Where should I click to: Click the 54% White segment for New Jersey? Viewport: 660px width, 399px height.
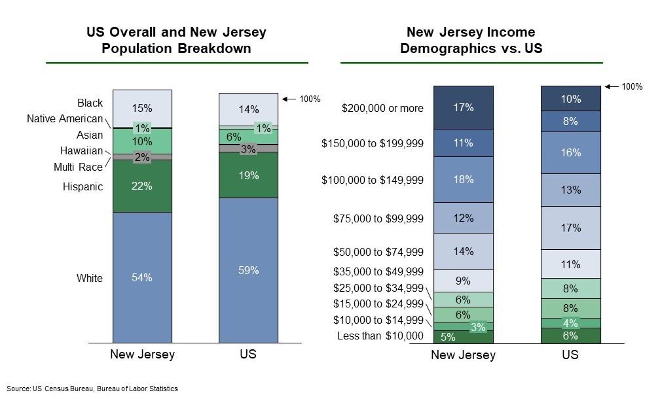(142, 277)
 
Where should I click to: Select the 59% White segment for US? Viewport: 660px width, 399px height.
(248, 270)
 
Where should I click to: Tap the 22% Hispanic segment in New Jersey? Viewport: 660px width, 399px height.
(142, 186)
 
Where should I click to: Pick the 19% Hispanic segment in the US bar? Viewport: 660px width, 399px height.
(248, 175)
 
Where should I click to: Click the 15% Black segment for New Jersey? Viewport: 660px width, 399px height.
(142, 109)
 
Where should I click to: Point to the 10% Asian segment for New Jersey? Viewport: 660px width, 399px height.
(142, 141)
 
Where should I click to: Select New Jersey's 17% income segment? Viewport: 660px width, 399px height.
(463, 107)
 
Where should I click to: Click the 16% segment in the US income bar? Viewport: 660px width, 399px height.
(570, 152)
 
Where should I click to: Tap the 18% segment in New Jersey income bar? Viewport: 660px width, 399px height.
(463, 179)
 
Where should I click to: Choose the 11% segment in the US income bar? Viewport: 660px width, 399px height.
(570, 264)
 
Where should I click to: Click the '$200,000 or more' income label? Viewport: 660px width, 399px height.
(382, 108)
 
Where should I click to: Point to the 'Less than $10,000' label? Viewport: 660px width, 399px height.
(380, 336)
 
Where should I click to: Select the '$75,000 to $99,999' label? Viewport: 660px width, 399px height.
(378, 218)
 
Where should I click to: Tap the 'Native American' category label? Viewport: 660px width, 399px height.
(65, 119)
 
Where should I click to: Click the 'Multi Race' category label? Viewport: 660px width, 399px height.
(78, 167)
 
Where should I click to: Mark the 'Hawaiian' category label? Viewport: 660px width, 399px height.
(81, 151)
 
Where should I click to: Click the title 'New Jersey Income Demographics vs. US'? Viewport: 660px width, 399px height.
(471, 40)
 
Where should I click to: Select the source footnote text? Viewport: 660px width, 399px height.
(92, 389)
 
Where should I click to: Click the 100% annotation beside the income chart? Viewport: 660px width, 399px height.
(631, 86)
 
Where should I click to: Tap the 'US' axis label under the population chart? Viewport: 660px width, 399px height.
(248, 355)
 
